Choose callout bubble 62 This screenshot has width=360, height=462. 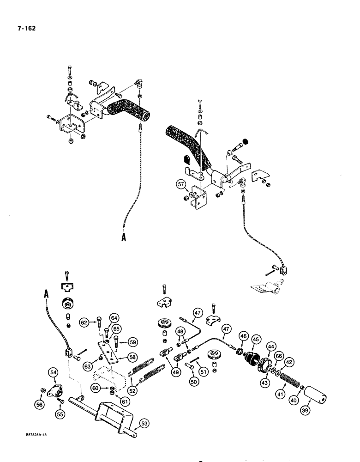tap(84, 322)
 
